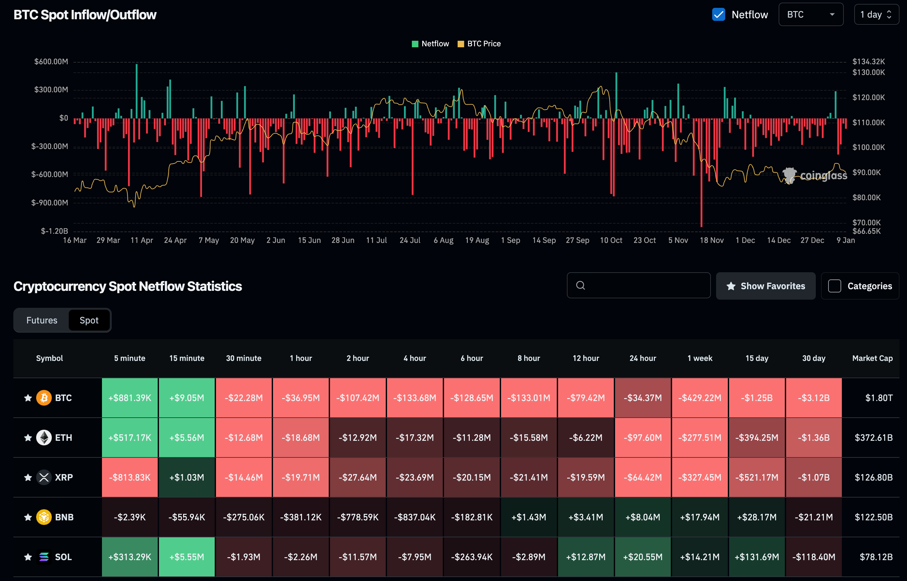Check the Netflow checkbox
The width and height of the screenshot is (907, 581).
pos(718,15)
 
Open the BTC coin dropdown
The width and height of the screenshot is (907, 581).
pos(811,15)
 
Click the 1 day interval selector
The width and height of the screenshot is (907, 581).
pos(876,15)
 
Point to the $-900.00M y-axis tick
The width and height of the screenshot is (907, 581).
pos(50,202)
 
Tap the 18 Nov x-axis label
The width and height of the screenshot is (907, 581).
pos(711,240)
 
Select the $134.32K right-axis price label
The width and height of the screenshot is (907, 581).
pos(869,62)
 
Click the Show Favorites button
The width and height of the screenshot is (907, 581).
pos(765,286)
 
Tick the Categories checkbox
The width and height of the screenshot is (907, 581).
pos(834,286)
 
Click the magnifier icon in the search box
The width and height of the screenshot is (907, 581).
pos(581,286)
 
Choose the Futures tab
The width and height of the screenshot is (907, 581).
pos(42,320)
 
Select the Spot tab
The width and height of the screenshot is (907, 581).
pos(89,320)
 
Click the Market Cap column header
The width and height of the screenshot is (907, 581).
pos(872,358)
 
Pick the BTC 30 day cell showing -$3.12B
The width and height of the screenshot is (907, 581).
pos(813,398)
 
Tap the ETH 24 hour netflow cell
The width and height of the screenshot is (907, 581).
pos(642,438)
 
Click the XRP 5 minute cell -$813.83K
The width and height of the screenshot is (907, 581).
pos(130,477)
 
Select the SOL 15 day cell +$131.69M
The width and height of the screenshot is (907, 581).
pos(756,557)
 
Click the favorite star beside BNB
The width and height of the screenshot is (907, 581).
pos(28,517)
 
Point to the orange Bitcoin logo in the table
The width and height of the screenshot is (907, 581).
pos(44,398)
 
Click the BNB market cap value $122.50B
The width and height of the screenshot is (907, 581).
pos(873,517)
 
